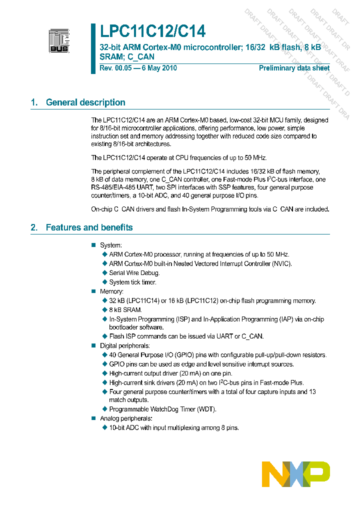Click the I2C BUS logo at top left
59,40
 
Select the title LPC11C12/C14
152,32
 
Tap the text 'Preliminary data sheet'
294,68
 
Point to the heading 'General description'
85,102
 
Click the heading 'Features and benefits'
89,227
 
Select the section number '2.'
34,227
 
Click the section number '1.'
34,102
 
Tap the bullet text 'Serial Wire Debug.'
134,273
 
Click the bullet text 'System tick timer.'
132,282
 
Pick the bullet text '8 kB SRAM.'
125,310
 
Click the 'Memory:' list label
111,291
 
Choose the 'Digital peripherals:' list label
124,345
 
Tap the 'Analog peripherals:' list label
125,418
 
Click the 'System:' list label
110,245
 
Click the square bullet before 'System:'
92,245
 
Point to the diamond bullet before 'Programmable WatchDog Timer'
105,409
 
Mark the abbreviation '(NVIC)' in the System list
280,263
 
